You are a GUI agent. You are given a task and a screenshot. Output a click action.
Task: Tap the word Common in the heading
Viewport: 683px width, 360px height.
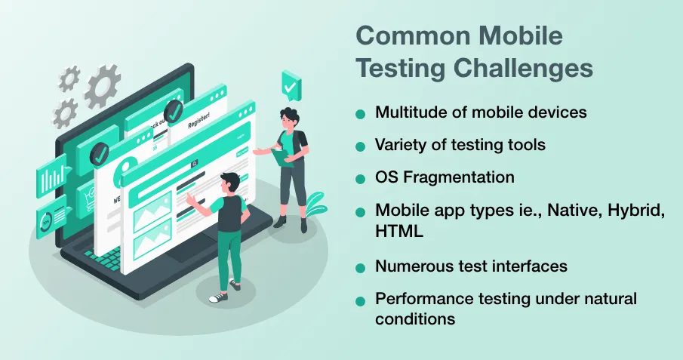pos(413,35)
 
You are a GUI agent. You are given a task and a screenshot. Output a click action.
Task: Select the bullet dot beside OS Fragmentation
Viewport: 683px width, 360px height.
pos(360,179)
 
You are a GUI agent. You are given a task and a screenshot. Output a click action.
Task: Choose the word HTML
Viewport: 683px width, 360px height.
pos(399,231)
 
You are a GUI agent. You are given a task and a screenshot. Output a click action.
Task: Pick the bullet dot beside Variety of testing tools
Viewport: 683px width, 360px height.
pos(360,147)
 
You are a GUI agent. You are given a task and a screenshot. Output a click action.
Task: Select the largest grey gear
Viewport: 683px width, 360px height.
pos(103,86)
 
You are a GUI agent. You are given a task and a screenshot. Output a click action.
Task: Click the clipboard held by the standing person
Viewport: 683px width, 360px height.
pos(282,157)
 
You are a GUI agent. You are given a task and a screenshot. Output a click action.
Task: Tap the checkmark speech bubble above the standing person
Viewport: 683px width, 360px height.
pos(291,86)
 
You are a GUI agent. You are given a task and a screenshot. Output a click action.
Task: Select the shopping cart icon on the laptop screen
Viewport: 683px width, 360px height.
pos(89,201)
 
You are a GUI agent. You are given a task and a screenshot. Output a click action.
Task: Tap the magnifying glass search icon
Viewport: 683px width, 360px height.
pos(194,164)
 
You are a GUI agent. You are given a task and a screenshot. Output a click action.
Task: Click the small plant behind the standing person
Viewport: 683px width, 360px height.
pos(315,205)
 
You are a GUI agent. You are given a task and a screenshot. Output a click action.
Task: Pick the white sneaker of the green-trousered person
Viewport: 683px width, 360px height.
pos(218,297)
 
